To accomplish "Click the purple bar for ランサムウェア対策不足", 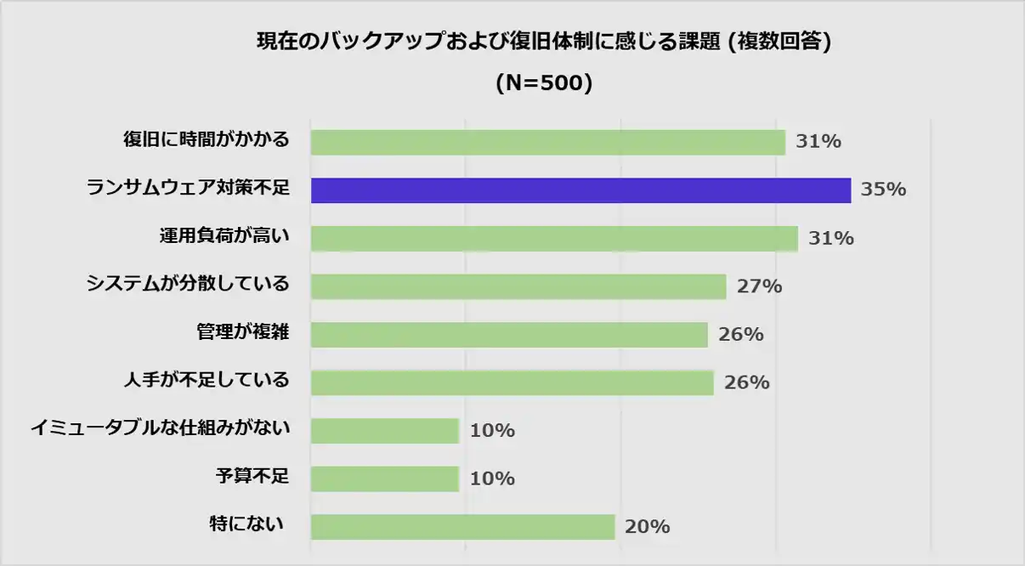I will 580,190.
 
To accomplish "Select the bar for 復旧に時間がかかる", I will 547,142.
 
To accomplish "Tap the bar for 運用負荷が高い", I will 554,239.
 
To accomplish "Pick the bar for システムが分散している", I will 518,286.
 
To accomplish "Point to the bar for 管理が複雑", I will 509,335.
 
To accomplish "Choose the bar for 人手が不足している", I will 512,382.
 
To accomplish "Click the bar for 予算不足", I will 385,478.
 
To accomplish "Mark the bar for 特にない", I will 462,527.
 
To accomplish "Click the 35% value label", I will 883,190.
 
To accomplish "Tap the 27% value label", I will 759,286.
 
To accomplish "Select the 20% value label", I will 647,527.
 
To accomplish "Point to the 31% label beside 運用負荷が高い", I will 830,239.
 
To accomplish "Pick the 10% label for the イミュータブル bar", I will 492,431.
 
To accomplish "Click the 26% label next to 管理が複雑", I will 740,335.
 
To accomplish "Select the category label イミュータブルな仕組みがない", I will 160,428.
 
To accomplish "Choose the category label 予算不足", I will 253,476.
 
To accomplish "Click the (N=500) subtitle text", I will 543,83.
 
